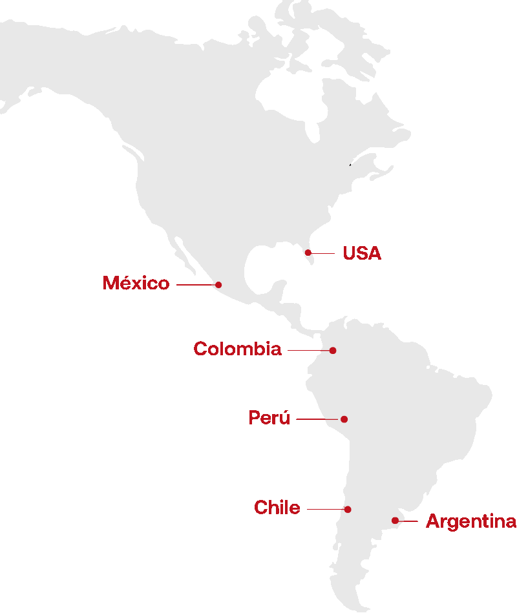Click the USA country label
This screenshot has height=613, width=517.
362,253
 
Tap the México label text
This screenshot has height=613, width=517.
136,283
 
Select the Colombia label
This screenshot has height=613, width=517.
237,349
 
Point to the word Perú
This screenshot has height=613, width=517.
269,418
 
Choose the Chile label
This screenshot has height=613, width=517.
277,508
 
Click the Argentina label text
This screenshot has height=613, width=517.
470,521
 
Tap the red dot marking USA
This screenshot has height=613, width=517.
308,253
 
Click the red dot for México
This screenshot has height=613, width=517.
218,284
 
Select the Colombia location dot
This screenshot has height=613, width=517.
333,350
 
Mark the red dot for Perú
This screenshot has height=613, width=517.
344,419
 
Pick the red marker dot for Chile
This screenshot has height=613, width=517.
348,509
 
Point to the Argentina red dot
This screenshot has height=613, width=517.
395,521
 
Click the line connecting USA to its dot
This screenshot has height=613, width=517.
323,253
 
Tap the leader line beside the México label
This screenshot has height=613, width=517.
195,284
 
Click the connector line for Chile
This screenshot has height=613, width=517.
326,509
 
